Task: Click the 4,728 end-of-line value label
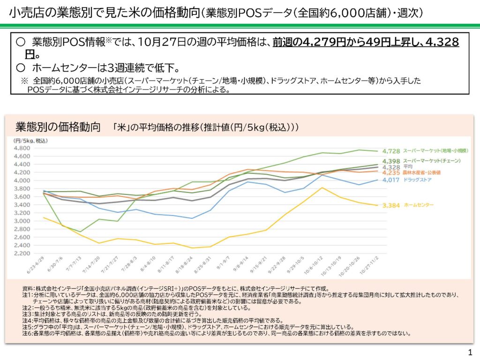point(391,151)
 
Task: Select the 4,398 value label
point(391,161)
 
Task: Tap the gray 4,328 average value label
point(391,167)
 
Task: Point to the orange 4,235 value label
point(391,172)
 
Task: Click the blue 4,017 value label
point(391,180)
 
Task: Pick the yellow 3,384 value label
point(391,205)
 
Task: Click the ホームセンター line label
point(419,205)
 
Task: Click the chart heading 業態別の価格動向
point(58,127)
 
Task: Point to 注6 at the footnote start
point(27,334)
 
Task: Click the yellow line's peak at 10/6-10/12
point(322,187)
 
